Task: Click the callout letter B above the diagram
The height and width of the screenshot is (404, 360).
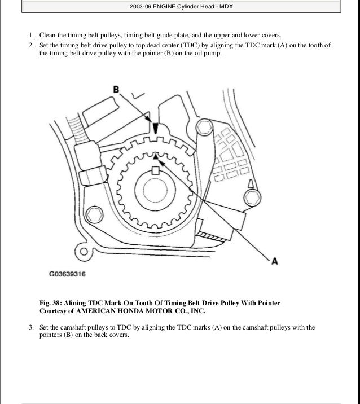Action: pyautogui.click(x=117, y=89)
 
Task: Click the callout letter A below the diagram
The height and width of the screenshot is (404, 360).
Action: pyautogui.click(x=275, y=261)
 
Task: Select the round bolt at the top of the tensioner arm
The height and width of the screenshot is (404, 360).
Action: pyautogui.click(x=204, y=126)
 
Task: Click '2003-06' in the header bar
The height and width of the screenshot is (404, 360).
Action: pyautogui.click(x=139, y=6)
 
